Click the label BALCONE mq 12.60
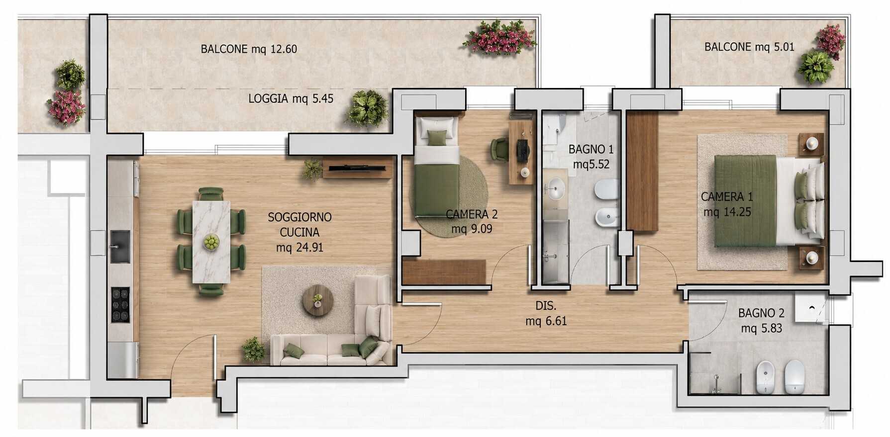point(249,49)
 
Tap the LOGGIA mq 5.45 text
point(291,98)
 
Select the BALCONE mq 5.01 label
point(749,47)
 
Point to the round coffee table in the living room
point(318,300)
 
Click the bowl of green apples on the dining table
point(211,242)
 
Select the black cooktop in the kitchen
point(120,305)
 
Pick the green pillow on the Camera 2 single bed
point(437,138)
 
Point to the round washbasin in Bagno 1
point(556,189)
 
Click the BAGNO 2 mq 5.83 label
point(761,321)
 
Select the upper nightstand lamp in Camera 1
point(812,144)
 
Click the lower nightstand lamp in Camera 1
point(812,258)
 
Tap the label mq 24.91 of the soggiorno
point(300,247)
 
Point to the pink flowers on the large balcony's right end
point(500,37)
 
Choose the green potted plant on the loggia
point(367,108)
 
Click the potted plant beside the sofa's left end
point(253,349)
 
